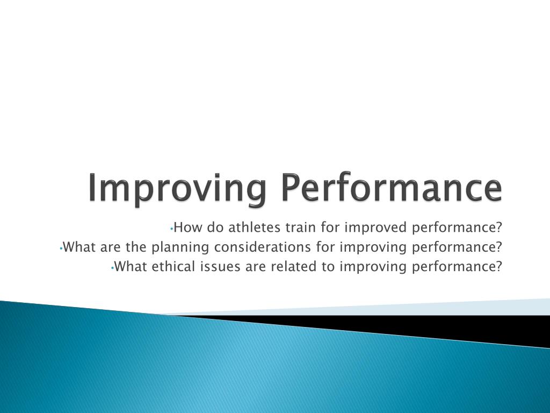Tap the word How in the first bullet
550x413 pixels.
(x=188, y=227)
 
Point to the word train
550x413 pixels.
(x=301, y=227)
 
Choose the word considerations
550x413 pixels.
(x=262, y=247)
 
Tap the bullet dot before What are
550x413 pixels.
(x=61, y=248)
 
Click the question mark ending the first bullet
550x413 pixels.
(x=499, y=227)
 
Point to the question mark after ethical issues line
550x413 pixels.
(x=499, y=267)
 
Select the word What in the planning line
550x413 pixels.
(x=79, y=247)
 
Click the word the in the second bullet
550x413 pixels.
(x=136, y=247)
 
